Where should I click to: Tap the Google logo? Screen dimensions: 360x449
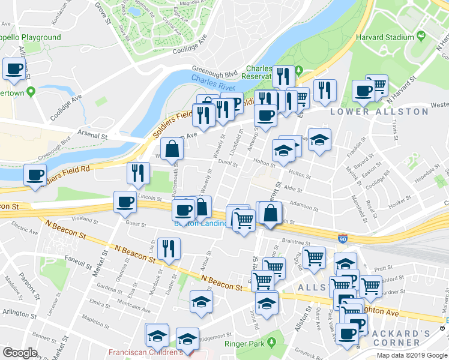tap(20, 353)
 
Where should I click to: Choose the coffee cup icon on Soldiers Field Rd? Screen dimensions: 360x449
tap(35, 175)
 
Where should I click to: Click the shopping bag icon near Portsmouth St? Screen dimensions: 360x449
tap(172, 149)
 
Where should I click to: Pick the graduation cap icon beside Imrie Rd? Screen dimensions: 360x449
tap(267, 302)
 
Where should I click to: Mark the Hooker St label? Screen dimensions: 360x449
tap(399, 205)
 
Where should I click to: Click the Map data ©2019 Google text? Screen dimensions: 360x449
tap(412, 355)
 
